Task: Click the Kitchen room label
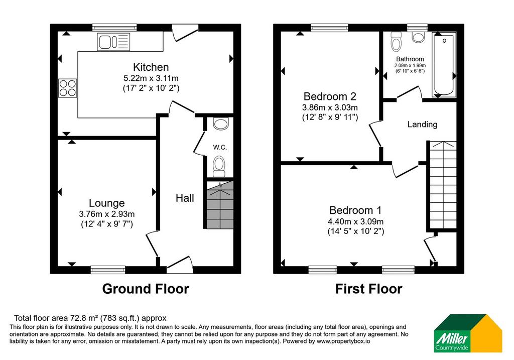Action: (x=151, y=67)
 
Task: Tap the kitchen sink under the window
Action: (x=113, y=42)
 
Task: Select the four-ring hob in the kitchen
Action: (x=68, y=88)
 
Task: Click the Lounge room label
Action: (x=107, y=203)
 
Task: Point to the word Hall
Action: (x=185, y=198)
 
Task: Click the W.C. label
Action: (x=220, y=147)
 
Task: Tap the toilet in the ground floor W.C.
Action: (x=219, y=166)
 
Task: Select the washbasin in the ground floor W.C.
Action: (x=221, y=124)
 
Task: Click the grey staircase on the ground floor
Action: (x=220, y=205)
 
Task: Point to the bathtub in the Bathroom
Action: (x=444, y=64)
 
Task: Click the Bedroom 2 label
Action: (x=330, y=96)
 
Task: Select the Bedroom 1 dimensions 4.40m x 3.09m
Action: (x=356, y=221)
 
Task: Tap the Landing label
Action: (x=422, y=124)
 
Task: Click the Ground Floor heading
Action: (x=146, y=289)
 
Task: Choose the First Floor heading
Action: (x=368, y=289)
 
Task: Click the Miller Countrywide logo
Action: (x=468, y=333)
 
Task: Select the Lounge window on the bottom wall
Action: (x=108, y=270)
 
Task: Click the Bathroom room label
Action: (x=410, y=59)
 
